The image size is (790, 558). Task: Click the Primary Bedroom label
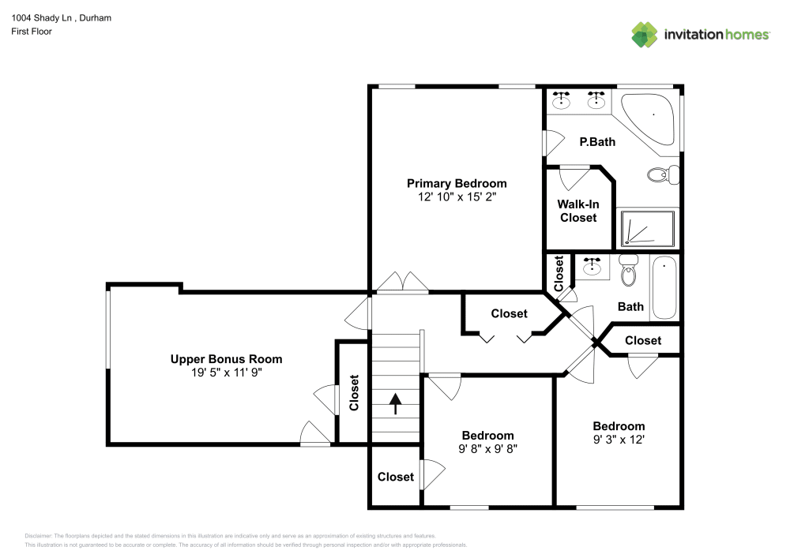click(x=457, y=183)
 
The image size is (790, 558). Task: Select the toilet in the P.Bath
click(x=663, y=174)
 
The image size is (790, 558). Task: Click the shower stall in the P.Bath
click(x=648, y=228)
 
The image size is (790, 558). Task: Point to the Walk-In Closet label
click(x=578, y=211)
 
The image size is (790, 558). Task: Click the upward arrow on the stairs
click(x=396, y=403)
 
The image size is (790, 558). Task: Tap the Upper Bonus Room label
click(x=226, y=359)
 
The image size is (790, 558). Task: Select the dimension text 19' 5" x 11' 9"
click(x=226, y=373)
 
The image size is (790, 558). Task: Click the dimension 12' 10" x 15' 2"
click(x=457, y=197)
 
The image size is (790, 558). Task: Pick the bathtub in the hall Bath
click(x=664, y=287)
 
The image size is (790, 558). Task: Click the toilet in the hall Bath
click(x=628, y=270)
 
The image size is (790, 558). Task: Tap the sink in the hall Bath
click(x=592, y=266)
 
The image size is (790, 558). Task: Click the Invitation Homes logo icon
click(x=645, y=35)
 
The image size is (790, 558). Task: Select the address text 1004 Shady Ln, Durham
click(x=62, y=17)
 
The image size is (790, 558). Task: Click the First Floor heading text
click(x=32, y=32)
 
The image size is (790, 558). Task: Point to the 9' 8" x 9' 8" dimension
click(x=487, y=449)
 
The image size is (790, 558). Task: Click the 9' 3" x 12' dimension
click(x=619, y=440)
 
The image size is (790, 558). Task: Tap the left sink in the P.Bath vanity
click(x=561, y=100)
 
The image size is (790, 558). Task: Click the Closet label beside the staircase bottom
click(x=396, y=477)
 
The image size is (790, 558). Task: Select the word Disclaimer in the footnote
click(x=38, y=536)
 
